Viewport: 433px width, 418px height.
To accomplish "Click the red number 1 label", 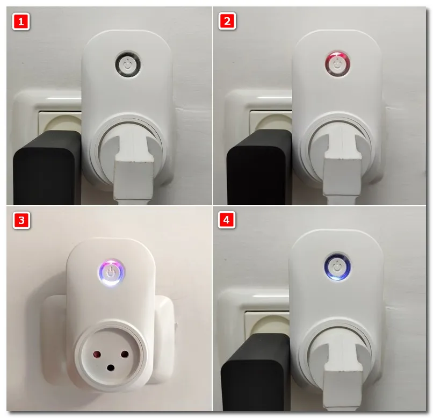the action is point(21,21).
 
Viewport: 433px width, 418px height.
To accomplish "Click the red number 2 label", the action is point(227,21).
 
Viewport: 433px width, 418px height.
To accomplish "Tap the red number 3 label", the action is point(21,220).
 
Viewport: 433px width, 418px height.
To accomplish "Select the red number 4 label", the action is point(227,220).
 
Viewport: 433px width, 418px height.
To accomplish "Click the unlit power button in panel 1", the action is point(127,64).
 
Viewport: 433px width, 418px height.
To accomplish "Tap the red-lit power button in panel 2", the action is point(337,63).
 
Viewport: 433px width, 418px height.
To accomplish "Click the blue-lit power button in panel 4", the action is point(337,266).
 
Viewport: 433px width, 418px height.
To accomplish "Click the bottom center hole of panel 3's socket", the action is point(111,367).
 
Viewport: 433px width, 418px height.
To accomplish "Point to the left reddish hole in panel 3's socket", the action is point(97,354).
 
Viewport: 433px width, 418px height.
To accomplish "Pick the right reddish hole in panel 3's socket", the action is point(125,354).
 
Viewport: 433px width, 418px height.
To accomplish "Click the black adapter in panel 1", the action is point(47,167).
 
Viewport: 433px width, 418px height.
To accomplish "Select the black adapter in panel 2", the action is point(259,167).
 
